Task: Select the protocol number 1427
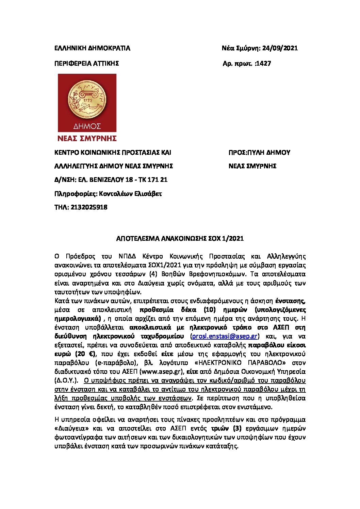pos(264,64)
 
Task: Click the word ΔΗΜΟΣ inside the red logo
pos(87,126)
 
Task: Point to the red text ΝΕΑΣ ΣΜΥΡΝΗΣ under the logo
pos(87,138)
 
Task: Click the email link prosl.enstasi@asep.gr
pos(225,336)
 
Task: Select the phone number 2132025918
pos(89,207)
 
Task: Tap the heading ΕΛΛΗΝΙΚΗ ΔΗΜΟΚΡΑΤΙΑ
pos(92,48)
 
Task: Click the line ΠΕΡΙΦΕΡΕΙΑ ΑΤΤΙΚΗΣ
pos(87,64)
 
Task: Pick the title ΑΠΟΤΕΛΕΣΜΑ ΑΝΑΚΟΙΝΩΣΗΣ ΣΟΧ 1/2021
pos(180,239)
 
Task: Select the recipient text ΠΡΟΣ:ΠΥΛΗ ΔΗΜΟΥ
pos(259,153)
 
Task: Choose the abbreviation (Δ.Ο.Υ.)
pos(66,380)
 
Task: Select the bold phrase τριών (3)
pos(226,428)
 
